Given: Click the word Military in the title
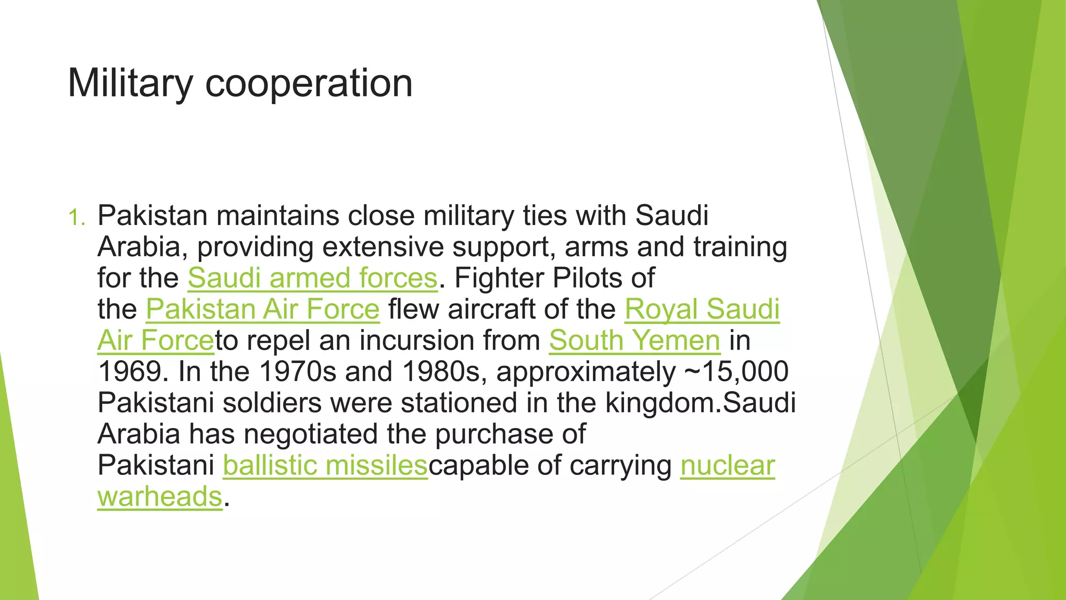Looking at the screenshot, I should [x=130, y=83].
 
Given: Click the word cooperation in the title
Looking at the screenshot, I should [x=309, y=83].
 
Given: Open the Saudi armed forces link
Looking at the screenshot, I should [x=312, y=278].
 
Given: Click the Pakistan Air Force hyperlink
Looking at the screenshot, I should [x=262, y=309].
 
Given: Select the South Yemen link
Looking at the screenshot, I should [x=634, y=341].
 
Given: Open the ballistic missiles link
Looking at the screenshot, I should [x=325, y=466].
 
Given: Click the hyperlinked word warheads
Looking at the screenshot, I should [x=160, y=497].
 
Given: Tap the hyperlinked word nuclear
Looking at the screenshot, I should [x=728, y=466].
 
